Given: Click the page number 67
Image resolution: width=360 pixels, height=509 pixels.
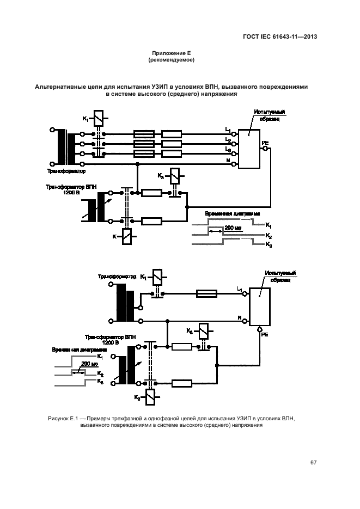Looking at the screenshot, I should (x=313, y=463).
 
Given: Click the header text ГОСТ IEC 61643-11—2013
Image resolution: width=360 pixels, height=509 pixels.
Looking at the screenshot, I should (x=280, y=37).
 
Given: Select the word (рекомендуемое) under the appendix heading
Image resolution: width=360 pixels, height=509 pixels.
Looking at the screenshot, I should (x=172, y=60).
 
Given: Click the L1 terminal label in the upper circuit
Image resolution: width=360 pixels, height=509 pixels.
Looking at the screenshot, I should (x=228, y=130).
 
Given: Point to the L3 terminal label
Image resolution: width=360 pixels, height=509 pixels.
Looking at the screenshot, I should (x=228, y=150).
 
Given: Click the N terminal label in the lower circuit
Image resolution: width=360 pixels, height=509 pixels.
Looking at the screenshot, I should (x=239, y=317).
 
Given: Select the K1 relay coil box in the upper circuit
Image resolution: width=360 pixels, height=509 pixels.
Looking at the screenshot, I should (x=98, y=118).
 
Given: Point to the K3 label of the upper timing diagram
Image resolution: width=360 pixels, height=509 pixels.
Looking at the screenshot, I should (x=269, y=246).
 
